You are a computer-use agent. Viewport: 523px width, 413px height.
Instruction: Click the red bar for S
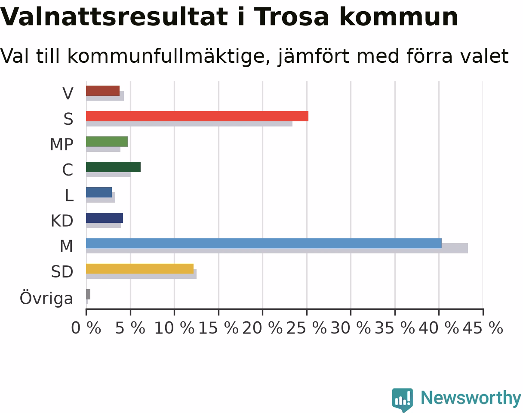[x=197, y=116]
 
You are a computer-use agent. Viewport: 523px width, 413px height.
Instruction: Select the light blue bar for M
[x=264, y=243]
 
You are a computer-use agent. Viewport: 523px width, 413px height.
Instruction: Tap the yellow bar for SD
[x=140, y=268]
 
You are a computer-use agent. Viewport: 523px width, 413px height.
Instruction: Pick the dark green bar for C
[x=113, y=167]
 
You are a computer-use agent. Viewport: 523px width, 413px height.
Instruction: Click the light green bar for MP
[x=107, y=142]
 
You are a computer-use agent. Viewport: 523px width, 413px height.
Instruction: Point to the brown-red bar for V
[x=103, y=91]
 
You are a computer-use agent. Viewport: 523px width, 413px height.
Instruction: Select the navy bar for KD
[x=105, y=218]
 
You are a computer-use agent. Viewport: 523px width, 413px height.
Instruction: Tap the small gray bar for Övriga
[x=88, y=294]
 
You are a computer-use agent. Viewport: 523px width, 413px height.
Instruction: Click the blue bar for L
[x=99, y=192]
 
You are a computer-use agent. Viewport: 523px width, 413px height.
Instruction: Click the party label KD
[x=62, y=221]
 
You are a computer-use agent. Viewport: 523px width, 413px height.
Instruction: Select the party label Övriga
[x=46, y=298]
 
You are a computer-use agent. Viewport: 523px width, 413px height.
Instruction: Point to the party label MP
[x=62, y=145]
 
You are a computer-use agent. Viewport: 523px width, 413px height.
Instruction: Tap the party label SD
[x=62, y=272]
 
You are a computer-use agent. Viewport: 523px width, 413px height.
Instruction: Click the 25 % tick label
[x=307, y=328]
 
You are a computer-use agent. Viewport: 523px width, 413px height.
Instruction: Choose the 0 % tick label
[x=86, y=328]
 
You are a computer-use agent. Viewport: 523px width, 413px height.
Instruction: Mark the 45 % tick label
[x=483, y=328]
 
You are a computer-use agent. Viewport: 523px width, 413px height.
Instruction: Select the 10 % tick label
[x=175, y=328]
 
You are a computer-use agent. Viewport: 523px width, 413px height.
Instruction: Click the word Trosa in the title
[x=292, y=17]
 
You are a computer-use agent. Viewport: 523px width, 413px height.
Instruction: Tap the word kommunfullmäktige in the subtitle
[x=169, y=56]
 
